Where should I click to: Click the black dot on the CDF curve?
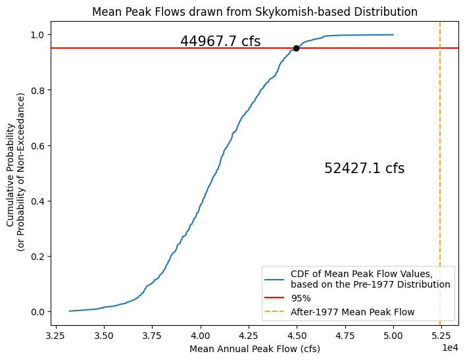click(x=296, y=48)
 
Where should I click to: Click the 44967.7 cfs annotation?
click(x=220, y=41)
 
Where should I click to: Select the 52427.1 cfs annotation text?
click(x=364, y=168)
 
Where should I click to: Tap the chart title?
click(x=255, y=12)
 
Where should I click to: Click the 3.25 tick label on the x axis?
click(x=57, y=335)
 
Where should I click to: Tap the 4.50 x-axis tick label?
click(x=297, y=335)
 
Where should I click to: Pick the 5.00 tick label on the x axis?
click(x=393, y=335)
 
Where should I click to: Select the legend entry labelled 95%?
click(x=301, y=298)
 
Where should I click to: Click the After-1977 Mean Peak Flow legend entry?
click(x=353, y=312)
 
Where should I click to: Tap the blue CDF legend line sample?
click(x=276, y=279)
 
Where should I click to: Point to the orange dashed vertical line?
click(x=440, y=197)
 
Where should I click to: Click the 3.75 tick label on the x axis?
click(x=153, y=335)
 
